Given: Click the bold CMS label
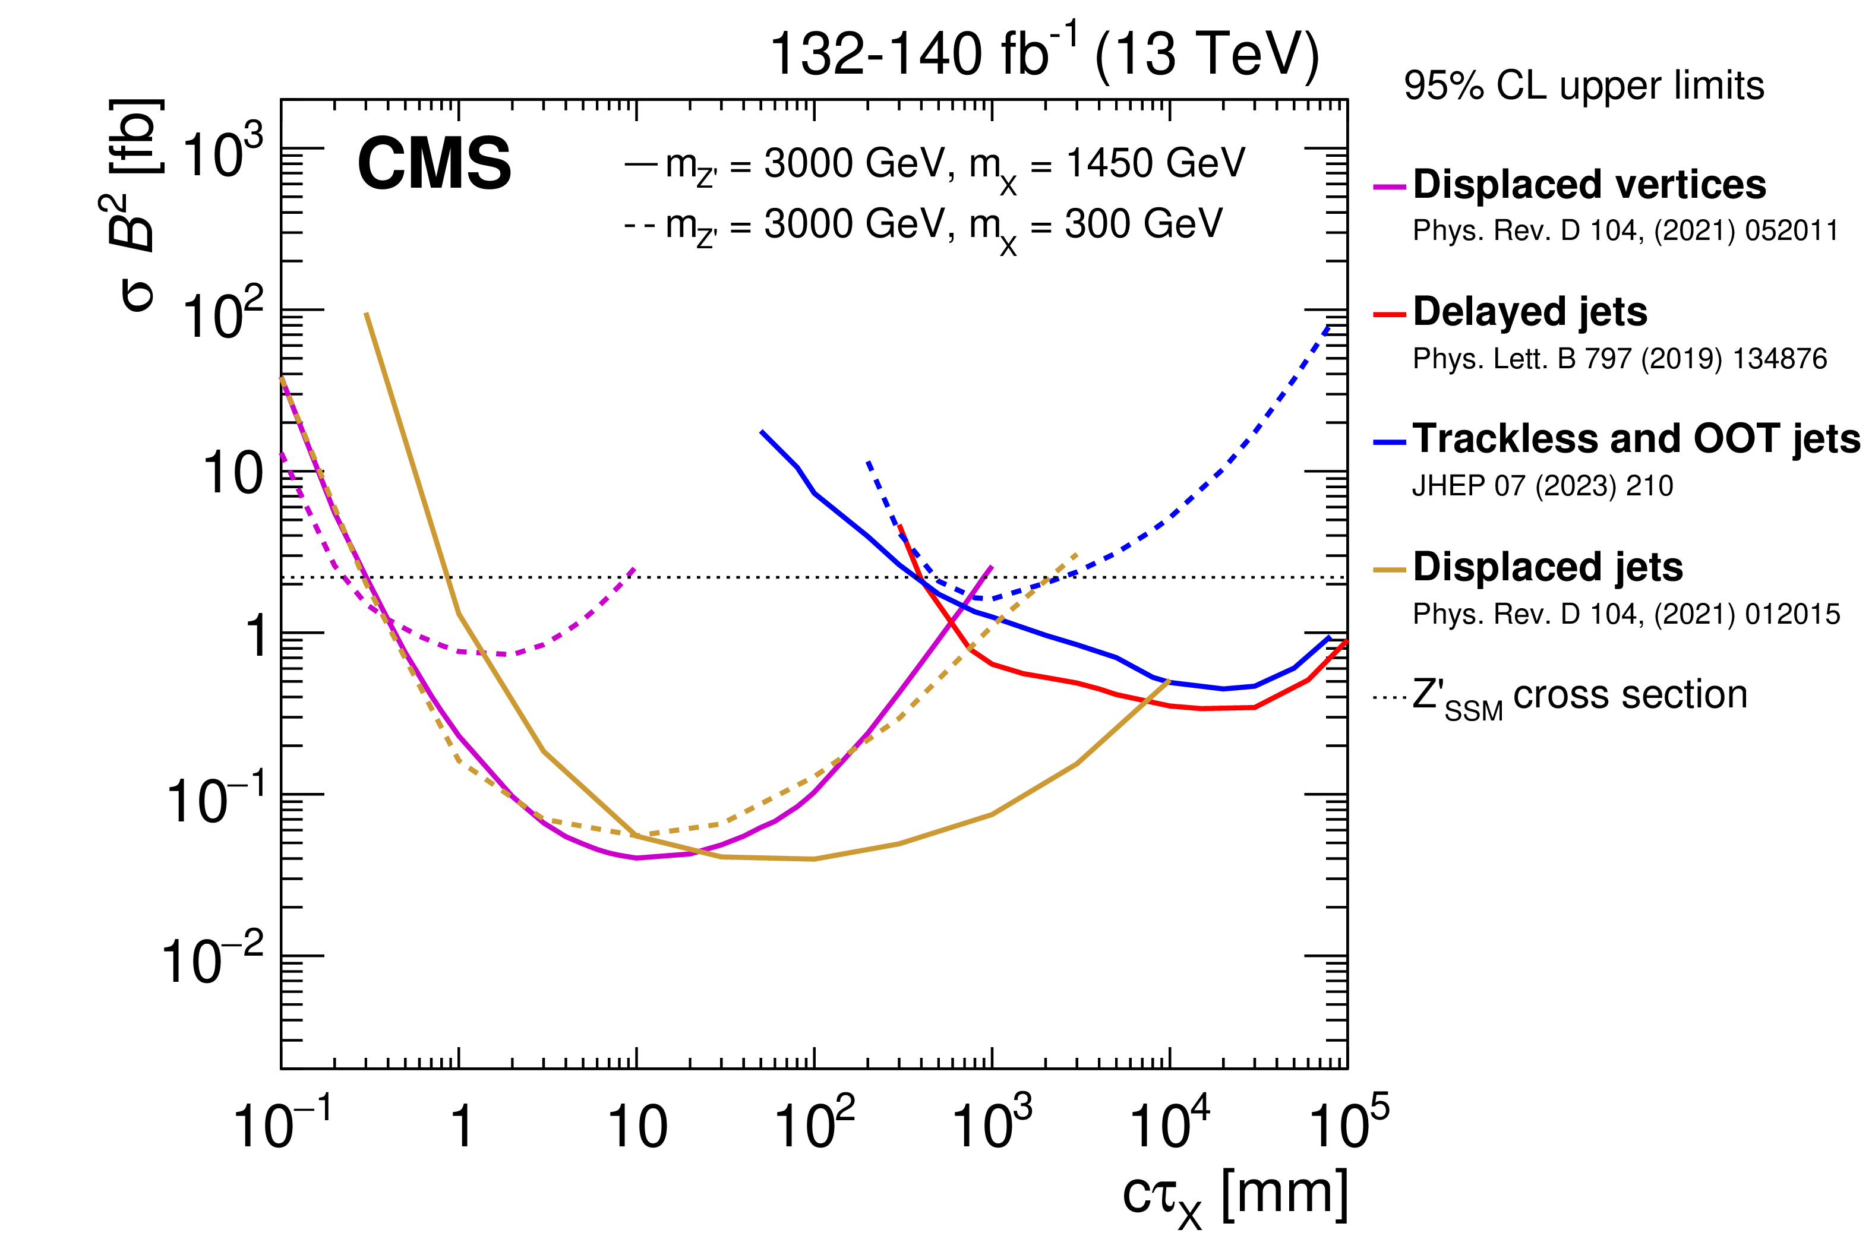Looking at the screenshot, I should click(x=434, y=164).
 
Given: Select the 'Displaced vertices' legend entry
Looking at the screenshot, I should click(x=1589, y=185).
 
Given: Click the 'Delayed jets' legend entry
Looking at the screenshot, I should click(x=1529, y=311).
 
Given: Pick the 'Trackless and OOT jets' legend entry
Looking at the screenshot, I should click(x=1636, y=439).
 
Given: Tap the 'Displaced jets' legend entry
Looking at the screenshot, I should click(x=1547, y=567).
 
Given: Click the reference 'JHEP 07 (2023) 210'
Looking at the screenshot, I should click(x=1542, y=486).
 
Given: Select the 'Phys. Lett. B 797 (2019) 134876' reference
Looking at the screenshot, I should click(x=1620, y=359).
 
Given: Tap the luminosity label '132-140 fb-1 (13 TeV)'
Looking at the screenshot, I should click(x=1044, y=55).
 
